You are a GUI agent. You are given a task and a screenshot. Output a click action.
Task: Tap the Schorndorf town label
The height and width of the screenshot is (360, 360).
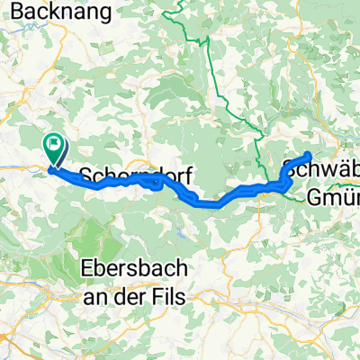(x=135, y=176)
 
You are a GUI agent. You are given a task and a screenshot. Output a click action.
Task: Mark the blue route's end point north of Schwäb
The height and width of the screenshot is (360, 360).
(x=309, y=155)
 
